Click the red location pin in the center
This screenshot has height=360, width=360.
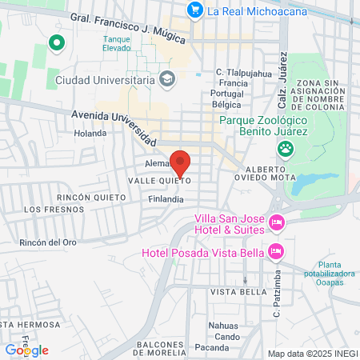click(181, 162)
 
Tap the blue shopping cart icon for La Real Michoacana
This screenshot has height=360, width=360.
click(194, 10)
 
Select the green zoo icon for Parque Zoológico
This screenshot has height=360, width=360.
click(285, 148)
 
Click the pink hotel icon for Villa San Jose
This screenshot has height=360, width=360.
click(277, 222)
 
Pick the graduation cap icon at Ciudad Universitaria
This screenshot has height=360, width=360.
click(167, 79)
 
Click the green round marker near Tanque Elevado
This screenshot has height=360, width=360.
click(57, 43)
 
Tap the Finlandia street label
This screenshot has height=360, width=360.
click(166, 199)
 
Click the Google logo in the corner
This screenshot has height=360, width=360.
click(26, 350)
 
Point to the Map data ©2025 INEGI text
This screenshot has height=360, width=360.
click(312, 354)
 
